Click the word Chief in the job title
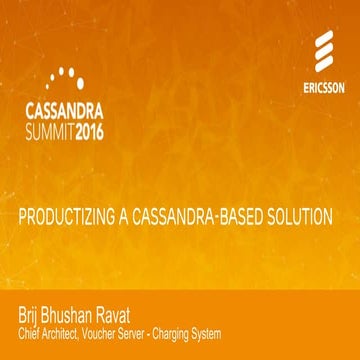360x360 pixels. [30, 333]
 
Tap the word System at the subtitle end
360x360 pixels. [237, 333]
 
